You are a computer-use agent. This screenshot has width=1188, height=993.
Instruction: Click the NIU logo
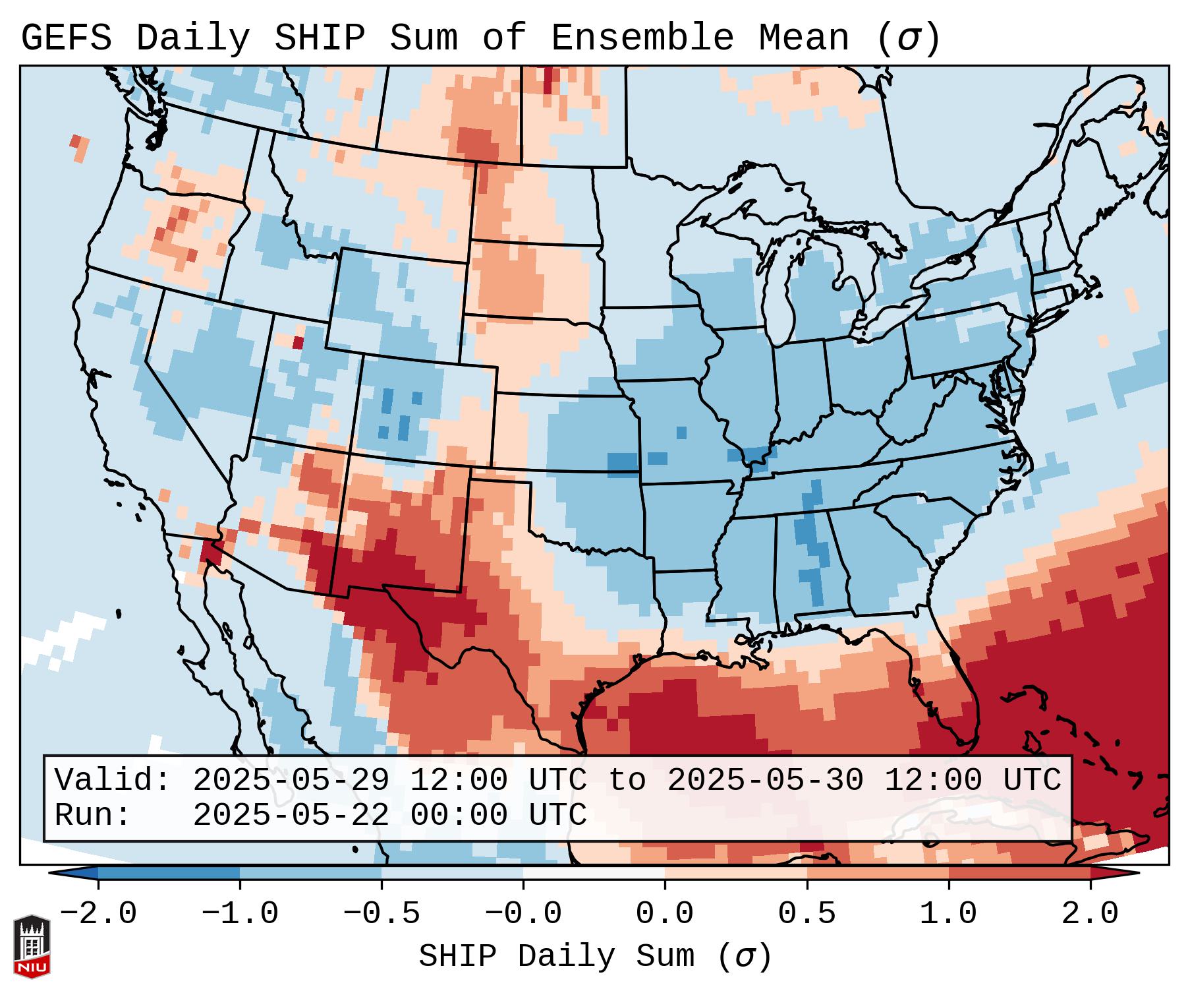(32, 946)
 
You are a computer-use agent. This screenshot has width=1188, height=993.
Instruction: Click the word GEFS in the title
(66, 38)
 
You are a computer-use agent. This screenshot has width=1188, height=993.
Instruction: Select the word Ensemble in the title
(642, 38)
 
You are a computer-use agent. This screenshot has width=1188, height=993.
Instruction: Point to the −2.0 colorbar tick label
(98, 914)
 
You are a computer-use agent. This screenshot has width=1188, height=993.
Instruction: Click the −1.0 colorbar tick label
(240, 914)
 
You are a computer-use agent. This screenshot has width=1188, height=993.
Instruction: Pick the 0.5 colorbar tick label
(807, 914)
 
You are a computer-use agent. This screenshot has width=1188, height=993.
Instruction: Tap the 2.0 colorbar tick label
(1090, 914)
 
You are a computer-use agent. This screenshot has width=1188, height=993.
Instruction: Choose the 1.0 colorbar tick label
(949, 914)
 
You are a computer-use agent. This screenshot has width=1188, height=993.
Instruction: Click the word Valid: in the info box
(113, 781)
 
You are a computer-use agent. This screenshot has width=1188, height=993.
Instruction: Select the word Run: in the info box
(93, 815)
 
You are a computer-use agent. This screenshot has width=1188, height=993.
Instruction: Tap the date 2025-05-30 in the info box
(765, 781)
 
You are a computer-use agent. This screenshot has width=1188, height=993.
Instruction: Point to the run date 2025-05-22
(291, 815)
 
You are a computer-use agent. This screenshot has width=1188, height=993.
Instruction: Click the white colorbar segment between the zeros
(594, 873)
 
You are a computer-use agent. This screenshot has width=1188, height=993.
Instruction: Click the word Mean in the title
(803, 38)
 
